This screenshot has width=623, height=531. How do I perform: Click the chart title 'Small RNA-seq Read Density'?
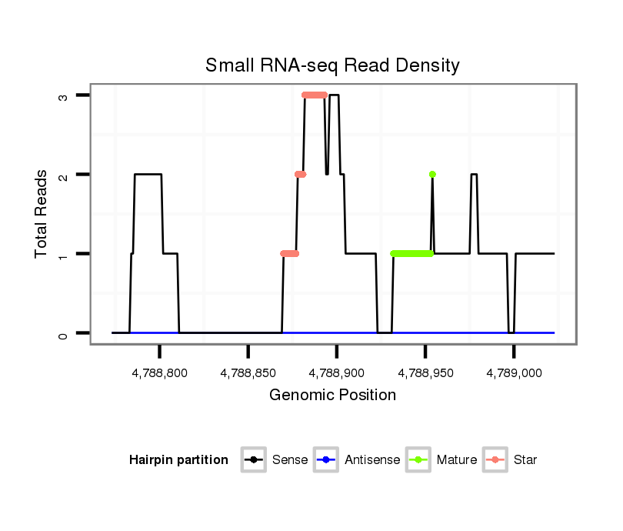332,65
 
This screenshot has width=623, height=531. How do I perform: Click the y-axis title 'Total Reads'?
42,214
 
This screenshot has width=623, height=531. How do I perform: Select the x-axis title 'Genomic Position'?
332,396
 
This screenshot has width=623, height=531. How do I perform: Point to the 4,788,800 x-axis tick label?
160,373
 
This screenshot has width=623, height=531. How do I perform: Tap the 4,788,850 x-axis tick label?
248,373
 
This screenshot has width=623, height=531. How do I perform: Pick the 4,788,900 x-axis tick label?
337,373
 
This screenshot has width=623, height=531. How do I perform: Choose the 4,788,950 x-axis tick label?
425,373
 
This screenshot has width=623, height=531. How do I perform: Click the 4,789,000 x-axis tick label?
514,373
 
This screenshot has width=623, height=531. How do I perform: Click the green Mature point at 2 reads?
432,175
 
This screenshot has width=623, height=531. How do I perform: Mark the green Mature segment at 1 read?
412,253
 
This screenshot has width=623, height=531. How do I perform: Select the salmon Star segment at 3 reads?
315,95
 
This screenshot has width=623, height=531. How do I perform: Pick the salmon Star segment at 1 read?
290,253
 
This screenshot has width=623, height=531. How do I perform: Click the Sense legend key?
254,460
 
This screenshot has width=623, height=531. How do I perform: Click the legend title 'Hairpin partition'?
179,460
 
